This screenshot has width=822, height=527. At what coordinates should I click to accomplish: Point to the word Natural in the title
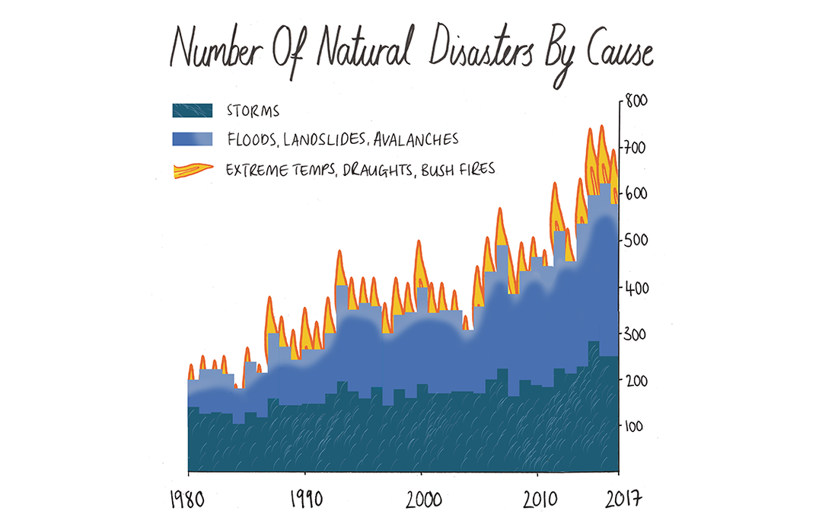coord(363,49)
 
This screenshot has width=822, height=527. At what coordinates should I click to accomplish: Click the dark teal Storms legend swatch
coord(193,110)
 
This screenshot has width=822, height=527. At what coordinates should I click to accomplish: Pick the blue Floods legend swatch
coord(193,139)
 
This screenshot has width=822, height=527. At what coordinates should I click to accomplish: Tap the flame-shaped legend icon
coord(193,171)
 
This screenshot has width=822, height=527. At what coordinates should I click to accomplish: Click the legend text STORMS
coord(253,110)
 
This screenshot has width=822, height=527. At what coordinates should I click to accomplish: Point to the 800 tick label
coord(636,101)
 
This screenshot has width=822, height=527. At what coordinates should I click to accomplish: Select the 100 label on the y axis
coord(634,426)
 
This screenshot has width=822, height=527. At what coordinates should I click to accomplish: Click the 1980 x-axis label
coord(187,500)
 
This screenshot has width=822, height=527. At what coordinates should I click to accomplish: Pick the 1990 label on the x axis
coord(307,500)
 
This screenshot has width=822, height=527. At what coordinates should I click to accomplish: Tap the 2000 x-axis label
coord(424,500)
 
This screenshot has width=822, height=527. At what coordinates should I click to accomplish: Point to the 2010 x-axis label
coord(540,500)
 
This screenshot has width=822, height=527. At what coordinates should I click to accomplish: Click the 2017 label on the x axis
coord(623,499)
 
